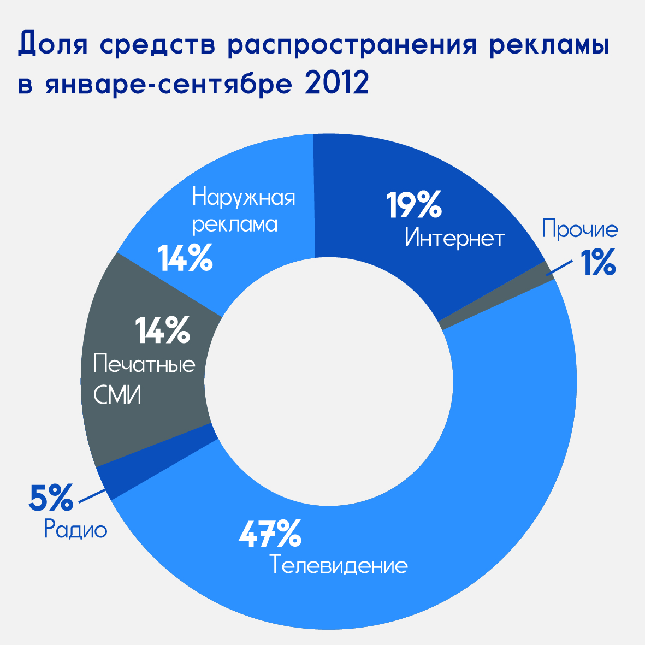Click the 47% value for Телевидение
pos(270,534)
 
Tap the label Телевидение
pos(339,565)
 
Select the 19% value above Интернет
pos(413,205)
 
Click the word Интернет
pos(454,238)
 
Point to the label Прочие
pos(580,229)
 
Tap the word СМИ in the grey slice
pos(117,395)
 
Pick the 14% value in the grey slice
pos(162,330)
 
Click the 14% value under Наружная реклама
pos(185,258)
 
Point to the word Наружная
pos(244,197)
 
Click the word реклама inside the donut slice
pos(235,224)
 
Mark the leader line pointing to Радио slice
pos(92,495)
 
